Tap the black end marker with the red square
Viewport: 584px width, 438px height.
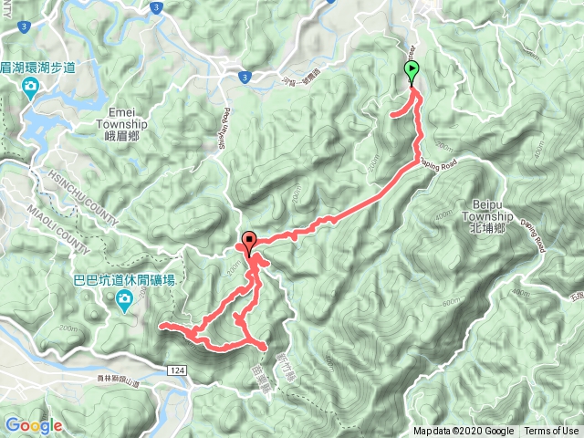[249, 243]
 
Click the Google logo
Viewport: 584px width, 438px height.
[34, 425]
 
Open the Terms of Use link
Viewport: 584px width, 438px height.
[551, 432]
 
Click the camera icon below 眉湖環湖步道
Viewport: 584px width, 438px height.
[30, 89]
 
